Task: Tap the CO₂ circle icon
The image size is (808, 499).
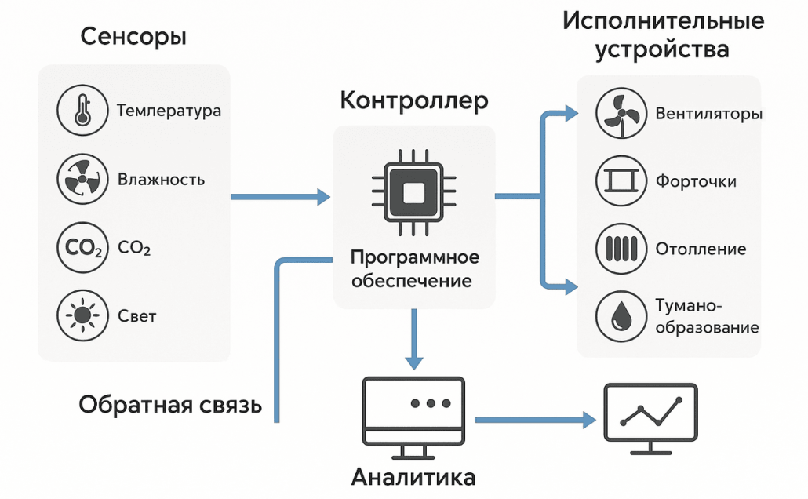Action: point(81,249)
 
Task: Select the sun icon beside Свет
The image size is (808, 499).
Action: point(81,316)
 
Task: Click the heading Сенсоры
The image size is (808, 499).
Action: point(133,37)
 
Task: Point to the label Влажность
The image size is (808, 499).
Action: point(161,180)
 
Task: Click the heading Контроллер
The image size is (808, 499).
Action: point(413,101)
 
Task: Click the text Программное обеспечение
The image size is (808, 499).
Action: point(413,269)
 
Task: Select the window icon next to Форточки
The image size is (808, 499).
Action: point(619,181)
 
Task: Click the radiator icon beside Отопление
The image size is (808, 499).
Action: point(619,249)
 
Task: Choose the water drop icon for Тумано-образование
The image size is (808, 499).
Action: point(619,315)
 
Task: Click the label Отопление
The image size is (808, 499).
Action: point(701,249)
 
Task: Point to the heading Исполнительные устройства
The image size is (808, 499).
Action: point(663,35)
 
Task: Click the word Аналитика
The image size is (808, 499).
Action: point(413,478)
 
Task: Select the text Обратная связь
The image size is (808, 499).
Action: point(170,405)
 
